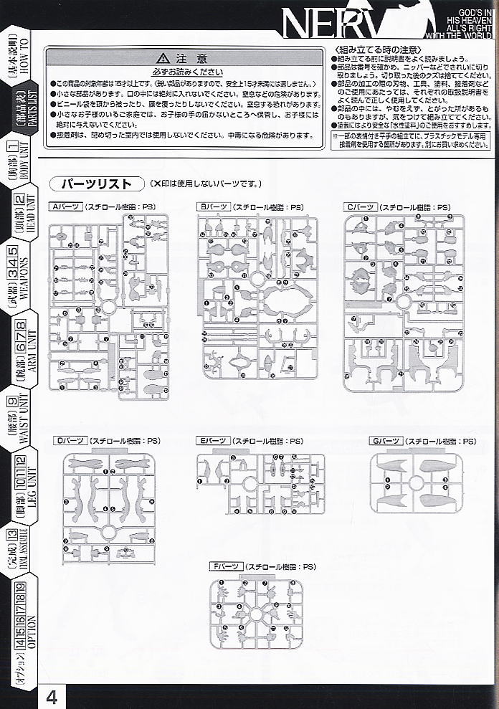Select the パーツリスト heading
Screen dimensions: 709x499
[x=96, y=184]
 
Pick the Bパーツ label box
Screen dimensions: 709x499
[x=214, y=206]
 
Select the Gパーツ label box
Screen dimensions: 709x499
[x=384, y=441]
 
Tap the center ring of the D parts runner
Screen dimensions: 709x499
[x=109, y=531]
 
